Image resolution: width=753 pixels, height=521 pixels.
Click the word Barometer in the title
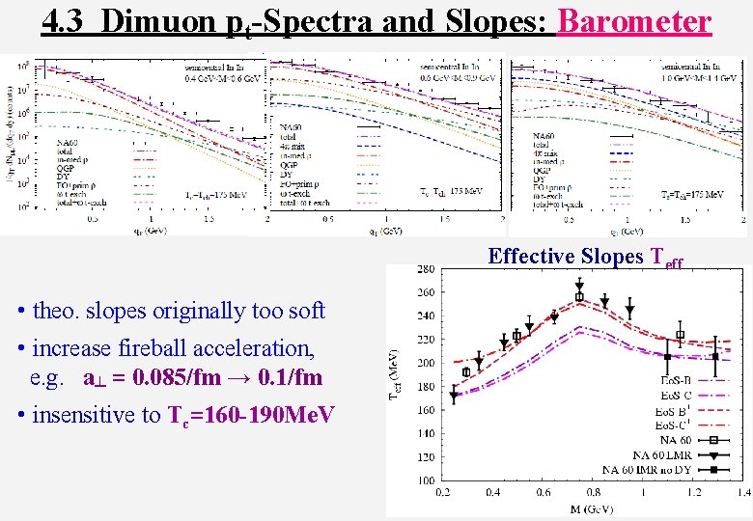tap(634, 20)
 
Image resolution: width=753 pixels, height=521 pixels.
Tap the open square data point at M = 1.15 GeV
tap(681, 335)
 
